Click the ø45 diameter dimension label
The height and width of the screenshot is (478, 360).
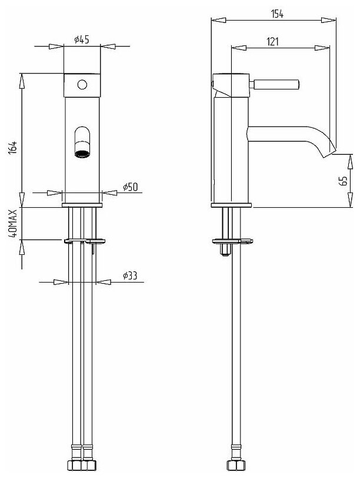[x=81, y=39]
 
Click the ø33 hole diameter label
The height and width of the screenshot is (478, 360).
[x=130, y=275]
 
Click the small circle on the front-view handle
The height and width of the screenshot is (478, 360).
[x=82, y=84]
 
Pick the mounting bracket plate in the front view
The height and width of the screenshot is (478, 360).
[x=85, y=240]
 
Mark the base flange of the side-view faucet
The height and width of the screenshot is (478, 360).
[x=231, y=205]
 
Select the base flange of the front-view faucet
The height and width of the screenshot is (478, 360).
[x=82, y=205]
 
